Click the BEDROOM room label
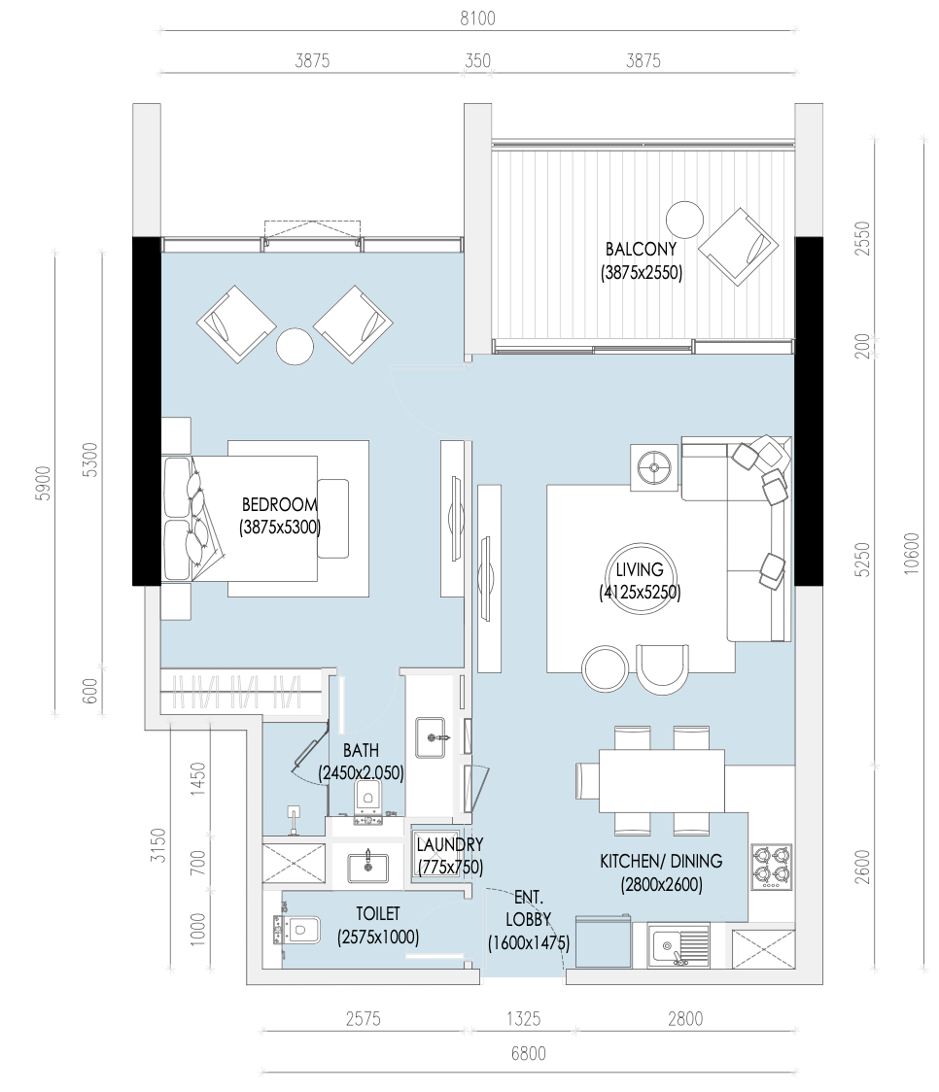(x=279, y=504)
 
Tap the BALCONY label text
(x=641, y=249)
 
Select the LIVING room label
(x=640, y=569)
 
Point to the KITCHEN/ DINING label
(x=661, y=862)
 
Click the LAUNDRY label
(x=450, y=845)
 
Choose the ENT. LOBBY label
(x=529, y=908)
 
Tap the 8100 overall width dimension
(x=478, y=18)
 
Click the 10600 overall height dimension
(x=912, y=554)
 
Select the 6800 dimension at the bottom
(x=529, y=1054)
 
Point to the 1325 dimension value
(x=523, y=1019)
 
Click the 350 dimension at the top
(x=478, y=60)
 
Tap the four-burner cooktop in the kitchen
(x=773, y=867)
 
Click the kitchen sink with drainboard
(x=678, y=945)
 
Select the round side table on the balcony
(x=684, y=221)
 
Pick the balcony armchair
(x=739, y=247)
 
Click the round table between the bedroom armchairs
(x=295, y=346)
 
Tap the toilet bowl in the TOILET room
(x=297, y=930)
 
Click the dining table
(x=662, y=781)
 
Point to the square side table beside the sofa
(x=654, y=468)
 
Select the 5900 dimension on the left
(x=43, y=483)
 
